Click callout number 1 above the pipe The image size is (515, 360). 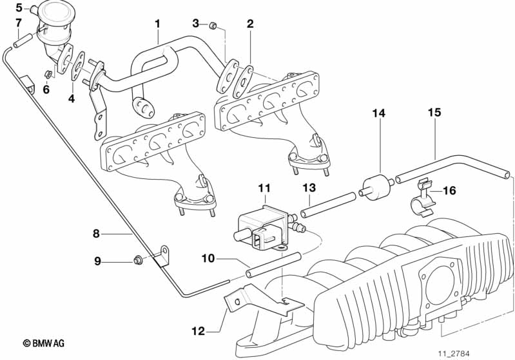pos(157,24)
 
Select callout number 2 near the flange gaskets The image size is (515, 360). pos(250,24)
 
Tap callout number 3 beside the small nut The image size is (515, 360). pos(196,24)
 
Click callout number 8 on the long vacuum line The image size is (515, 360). pos(95,234)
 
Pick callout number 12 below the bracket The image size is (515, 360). pos(198,332)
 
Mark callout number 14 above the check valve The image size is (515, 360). pos(378,113)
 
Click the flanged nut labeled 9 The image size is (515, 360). pos(137,261)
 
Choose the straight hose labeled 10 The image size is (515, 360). pos(274,266)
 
